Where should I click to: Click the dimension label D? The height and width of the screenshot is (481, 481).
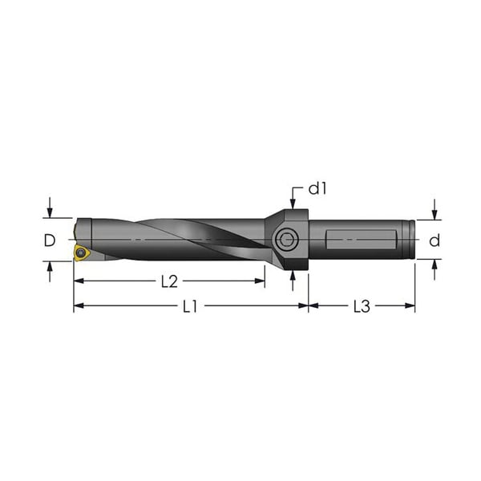tap(50, 240)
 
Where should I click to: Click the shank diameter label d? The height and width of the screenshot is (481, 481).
tap(434, 240)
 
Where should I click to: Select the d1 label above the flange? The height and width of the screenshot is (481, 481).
tap(318, 189)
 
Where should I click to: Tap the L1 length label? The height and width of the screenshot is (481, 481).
tap(189, 306)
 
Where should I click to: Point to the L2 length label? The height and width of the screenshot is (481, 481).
tap(169, 281)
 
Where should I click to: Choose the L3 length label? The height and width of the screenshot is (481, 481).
tap(362, 306)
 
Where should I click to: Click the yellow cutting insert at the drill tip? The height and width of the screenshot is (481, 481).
tap(81, 253)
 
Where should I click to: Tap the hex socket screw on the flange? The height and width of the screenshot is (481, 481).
tap(287, 240)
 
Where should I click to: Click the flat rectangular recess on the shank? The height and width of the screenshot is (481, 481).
tap(362, 240)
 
